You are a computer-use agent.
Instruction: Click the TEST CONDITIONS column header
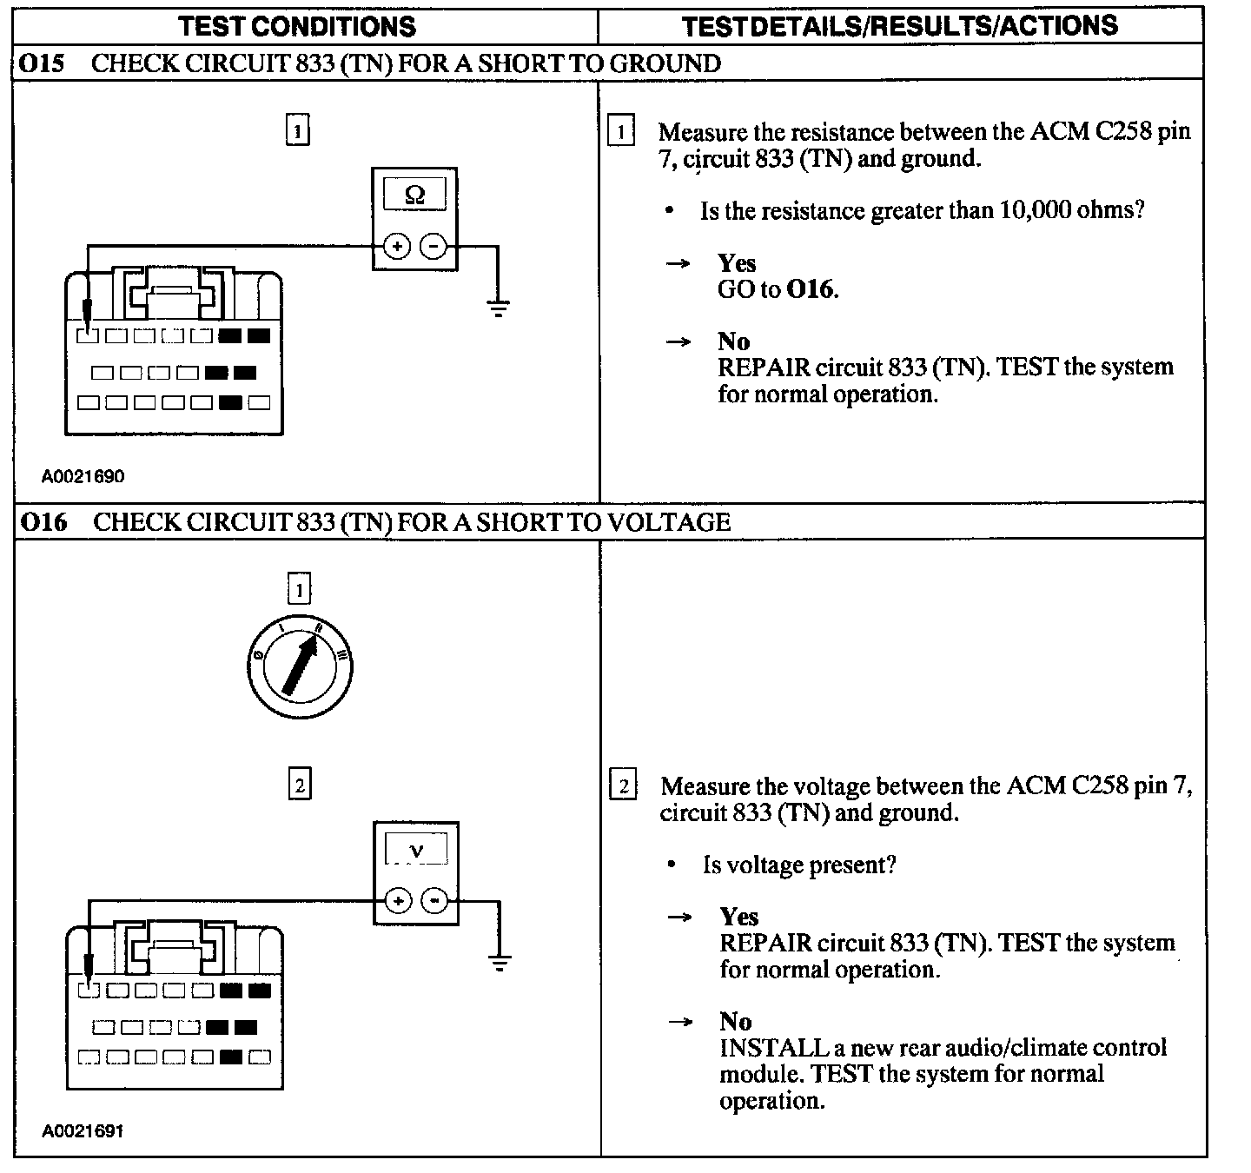297,26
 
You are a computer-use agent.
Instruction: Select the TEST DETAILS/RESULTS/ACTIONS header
900,26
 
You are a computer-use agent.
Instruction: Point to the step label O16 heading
44,522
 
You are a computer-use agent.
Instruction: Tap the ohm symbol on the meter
414,195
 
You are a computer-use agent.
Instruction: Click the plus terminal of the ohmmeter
397,247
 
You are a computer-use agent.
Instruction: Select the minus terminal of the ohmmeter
433,247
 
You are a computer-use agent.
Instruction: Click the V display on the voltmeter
416,850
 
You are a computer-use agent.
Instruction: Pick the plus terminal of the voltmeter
398,900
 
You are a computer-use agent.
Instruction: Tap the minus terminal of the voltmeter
434,900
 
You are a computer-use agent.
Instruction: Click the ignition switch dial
300,667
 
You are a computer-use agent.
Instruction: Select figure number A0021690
83,476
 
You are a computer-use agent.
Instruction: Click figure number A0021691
83,1131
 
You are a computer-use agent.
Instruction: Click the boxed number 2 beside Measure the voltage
624,786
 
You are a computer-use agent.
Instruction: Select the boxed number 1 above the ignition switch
299,591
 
